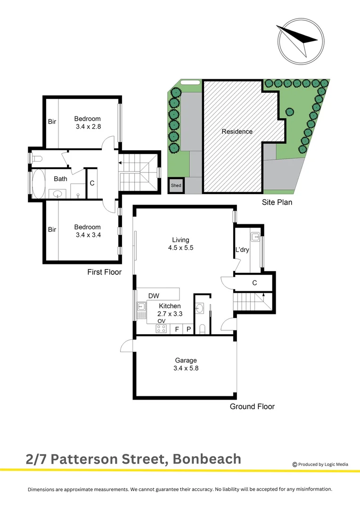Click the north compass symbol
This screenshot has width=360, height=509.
[x=300, y=41]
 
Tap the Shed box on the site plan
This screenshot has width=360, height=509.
[x=176, y=186]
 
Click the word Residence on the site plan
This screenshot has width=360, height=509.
[x=237, y=131]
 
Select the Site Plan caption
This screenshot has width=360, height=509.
[x=277, y=203]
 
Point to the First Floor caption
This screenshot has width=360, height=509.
[x=104, y=272]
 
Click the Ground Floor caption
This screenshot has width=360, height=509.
[x=252, y=406]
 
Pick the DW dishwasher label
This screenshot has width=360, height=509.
[x=154, y=296]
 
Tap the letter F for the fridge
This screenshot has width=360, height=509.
[x=177, y=329]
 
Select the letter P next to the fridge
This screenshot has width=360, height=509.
[x=188, y=329]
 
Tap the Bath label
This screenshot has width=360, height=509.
[x=60, y=179]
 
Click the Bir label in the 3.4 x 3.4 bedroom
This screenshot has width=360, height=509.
[x=52, y=230]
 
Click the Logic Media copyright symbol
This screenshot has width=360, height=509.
[x=295, y=464]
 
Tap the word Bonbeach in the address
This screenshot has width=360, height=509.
[x=207, y=459]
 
